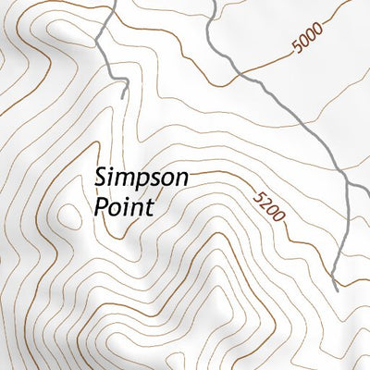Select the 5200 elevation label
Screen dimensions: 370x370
pos(267,209)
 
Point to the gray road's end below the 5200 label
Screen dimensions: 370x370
pos(335,288)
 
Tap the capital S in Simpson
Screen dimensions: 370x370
pos(101,176)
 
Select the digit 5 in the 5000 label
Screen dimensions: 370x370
pos(295,49)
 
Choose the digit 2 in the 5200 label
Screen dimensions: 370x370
pos(263,203)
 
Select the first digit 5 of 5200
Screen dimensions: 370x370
pos(256,195)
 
